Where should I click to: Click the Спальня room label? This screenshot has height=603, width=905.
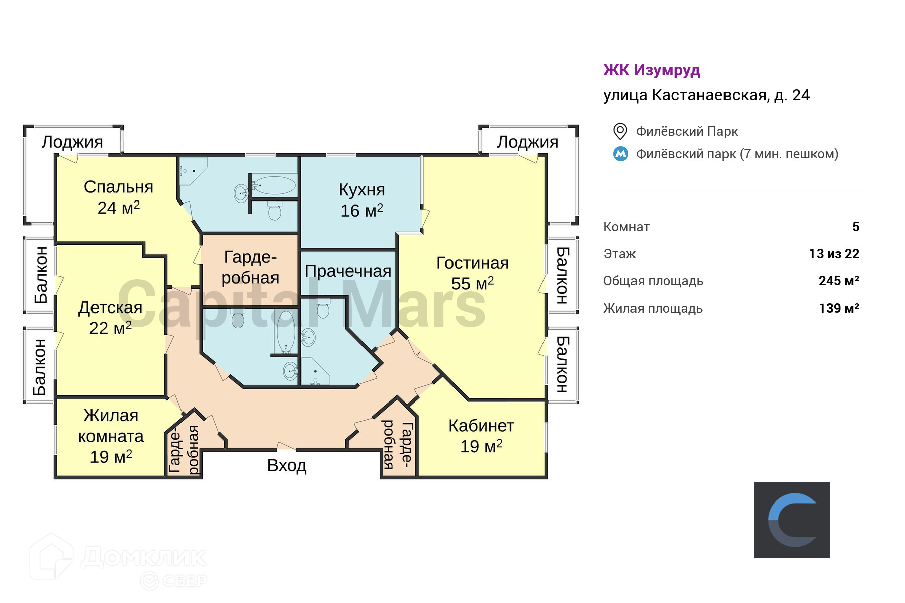[x=119, y=187]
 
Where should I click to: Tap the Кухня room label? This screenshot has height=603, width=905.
[x=361, y=190]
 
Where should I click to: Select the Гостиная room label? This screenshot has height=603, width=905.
[x=472, y=263]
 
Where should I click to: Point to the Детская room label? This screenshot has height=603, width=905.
[x=110, y=308]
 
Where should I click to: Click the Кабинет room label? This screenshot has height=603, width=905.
[x=481, y=426]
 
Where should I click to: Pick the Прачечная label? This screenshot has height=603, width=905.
[x=348, y=271]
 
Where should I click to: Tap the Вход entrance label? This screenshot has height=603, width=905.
[x=287, y=466]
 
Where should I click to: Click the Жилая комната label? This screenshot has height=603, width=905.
[x=111, y=426]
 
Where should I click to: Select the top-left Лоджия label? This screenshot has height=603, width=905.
[x=72, y=142]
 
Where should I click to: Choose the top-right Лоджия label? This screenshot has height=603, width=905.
[x=527, y=142]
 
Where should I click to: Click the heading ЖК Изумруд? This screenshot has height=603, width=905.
[x=652, y=70]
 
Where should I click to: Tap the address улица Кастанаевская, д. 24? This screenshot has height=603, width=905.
[x=706, y=95]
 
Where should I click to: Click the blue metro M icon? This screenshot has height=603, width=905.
[x=621, y=154]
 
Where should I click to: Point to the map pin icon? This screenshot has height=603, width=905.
[x=620, y=131]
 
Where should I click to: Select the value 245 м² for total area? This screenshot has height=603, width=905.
[x=839, y=281]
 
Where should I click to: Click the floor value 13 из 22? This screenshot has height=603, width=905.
[x=834, y=254]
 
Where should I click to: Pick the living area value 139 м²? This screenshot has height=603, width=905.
[x=839, y=308]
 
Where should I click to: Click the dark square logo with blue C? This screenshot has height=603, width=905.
[x=791, y=520]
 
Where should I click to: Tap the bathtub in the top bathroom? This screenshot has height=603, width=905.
[x=274, y=185]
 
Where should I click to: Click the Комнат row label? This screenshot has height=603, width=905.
[x=626, y=227]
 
